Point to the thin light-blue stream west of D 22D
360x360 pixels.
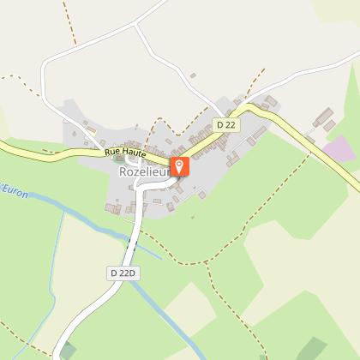60,257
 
